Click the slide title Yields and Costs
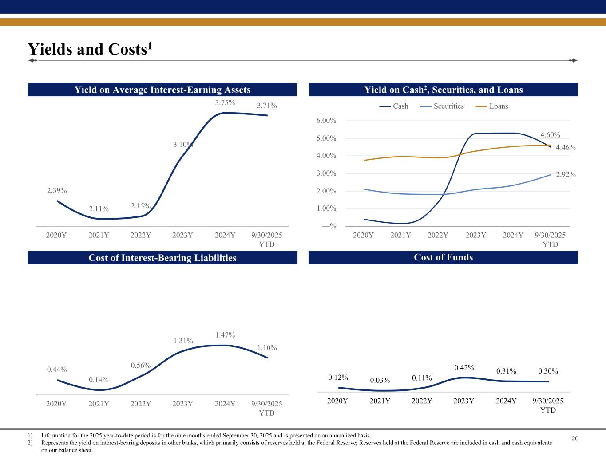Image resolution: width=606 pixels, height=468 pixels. tap(90, 49)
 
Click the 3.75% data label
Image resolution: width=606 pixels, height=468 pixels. tap(225, 103)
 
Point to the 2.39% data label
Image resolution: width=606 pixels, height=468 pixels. tap(57, 191)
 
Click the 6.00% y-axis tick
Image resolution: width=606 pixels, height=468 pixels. tap(327, 121)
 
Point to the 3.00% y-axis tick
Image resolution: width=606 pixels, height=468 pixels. tap(327, 173)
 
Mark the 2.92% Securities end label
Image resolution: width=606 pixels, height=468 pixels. tap(566, 175)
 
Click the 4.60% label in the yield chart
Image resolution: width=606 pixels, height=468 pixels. tap(550, 135)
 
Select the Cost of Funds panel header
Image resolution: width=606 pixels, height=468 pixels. tap(443, 258)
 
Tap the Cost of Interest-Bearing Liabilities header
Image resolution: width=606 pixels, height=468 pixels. tap(162, 258)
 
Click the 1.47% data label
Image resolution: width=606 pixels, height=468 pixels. tap(225, 335)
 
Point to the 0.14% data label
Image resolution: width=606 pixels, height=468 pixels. tap(99, 380)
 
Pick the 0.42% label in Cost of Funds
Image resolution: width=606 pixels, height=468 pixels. tap(464, 368)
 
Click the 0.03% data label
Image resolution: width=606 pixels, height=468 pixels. tap(380, 381)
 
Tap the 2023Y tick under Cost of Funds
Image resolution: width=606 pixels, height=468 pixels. tap(464, 401)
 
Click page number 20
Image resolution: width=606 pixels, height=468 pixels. tap(575, 439)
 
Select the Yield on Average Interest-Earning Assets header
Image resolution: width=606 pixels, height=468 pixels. tap(162, 90)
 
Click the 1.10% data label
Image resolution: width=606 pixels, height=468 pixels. tap(267, 348)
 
